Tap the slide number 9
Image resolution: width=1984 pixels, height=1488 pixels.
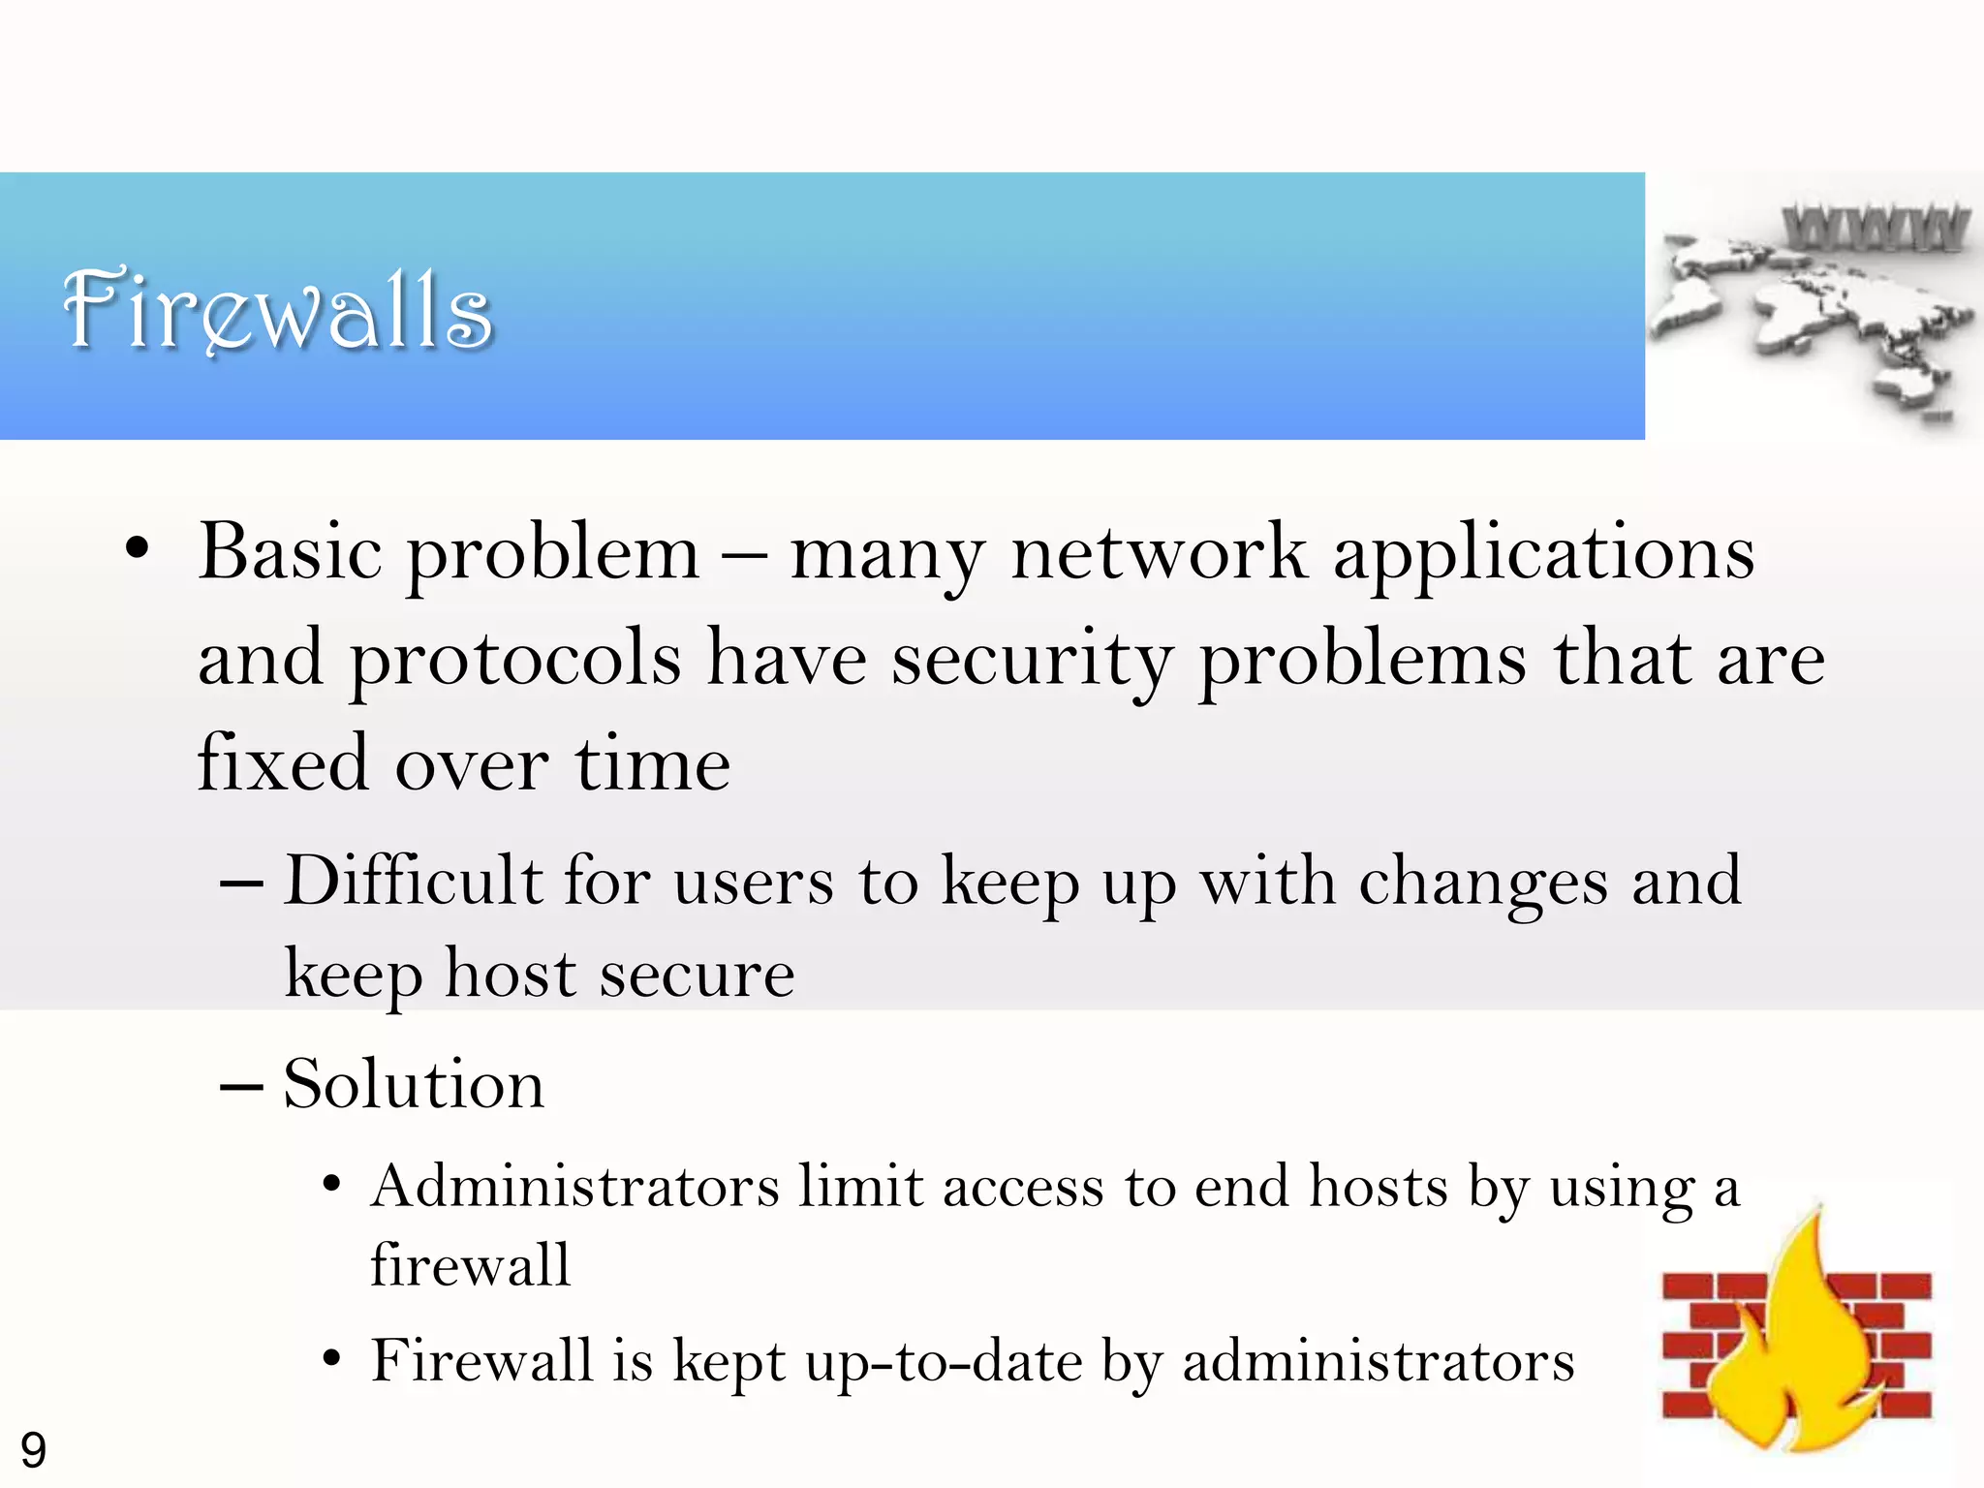pos(33,1450)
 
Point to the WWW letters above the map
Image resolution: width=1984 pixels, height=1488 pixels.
pos(1875,229)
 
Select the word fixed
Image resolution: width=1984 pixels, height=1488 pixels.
pos(283,763)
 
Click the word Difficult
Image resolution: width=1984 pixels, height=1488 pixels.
pos(414,881)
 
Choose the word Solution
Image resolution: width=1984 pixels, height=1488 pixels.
pos(414,1083)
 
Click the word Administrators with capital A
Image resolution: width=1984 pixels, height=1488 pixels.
pos(575,1186)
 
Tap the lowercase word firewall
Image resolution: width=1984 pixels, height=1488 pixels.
pos(471,1264)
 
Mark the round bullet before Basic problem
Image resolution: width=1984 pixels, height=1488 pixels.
pos(138,548)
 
